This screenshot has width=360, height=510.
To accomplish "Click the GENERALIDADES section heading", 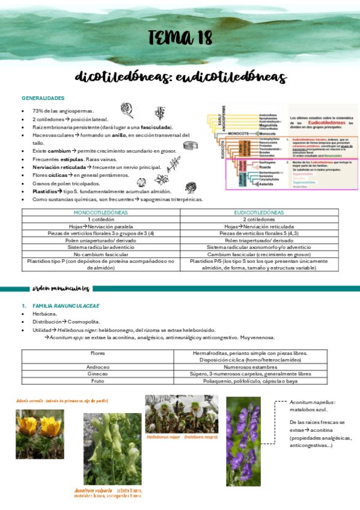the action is pos(43,98).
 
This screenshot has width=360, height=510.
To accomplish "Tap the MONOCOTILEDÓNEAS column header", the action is pos(101,213).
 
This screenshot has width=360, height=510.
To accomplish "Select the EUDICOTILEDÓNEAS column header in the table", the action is pos(259,213).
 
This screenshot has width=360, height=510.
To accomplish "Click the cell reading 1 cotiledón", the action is pos(101,220).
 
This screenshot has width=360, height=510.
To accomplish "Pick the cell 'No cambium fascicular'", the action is pos(101,253).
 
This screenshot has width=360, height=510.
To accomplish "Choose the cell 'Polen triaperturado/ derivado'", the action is pos(259,239).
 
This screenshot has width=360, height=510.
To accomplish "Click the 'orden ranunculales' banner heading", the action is pos(61,287).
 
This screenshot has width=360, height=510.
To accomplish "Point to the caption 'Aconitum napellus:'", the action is pos(312,402).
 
